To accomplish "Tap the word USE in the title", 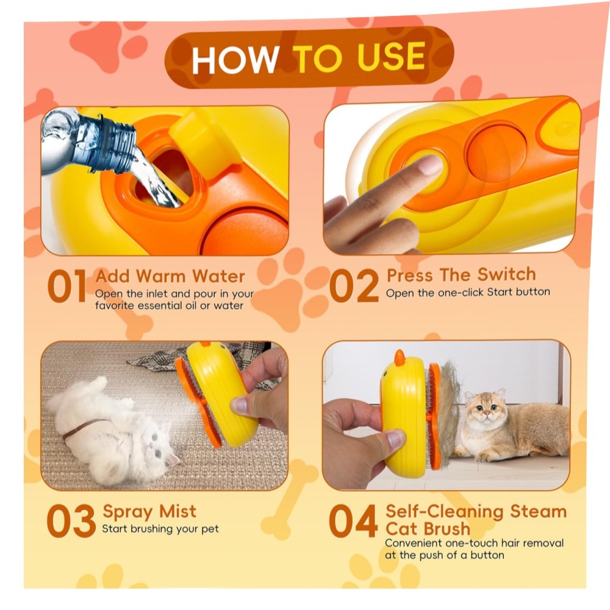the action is click(x=391, y=57).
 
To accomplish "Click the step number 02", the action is click(x=354, y=286).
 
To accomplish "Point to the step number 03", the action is click(x=71, y=521).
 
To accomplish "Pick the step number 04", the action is click(x=353, y=521).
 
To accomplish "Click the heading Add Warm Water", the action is click(x=170, y=276).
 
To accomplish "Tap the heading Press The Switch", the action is click(x=461, y=274).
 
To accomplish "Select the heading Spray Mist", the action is click(x=149, y=512).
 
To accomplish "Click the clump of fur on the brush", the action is click(x=450, y=409).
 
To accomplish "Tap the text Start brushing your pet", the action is click(x=160, y=529).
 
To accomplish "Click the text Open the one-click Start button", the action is click(x=468, y=292).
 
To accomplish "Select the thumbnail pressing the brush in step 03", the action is click(x=240, y=406).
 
